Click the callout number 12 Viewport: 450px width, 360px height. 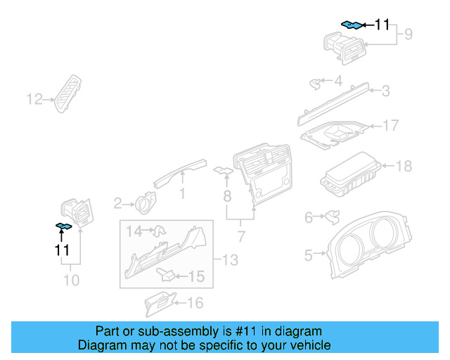(34, 99)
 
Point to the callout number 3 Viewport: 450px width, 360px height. (385, 91)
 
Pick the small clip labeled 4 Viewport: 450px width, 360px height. (314, 84)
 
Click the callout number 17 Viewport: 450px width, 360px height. (390, 126)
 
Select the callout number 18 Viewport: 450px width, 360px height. (404, 167)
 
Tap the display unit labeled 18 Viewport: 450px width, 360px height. (350, 174)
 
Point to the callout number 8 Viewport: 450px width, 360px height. (227, 193)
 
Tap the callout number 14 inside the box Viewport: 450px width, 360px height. (134, 230)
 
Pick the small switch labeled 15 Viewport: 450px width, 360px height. (167, 274)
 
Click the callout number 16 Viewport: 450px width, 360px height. (195, 303)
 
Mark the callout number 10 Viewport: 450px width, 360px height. (72, 281)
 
